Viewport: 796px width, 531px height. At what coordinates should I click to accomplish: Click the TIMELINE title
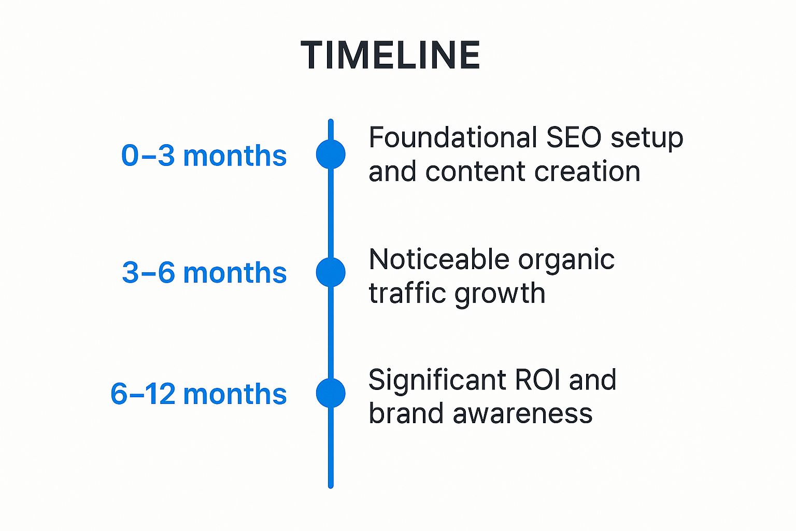390,55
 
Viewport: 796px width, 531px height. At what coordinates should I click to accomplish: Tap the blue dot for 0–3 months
331,154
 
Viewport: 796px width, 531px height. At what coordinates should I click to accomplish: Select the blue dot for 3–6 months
331,272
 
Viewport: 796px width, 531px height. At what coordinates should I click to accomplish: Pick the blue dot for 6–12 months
331,393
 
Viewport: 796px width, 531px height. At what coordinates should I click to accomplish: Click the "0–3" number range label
148,156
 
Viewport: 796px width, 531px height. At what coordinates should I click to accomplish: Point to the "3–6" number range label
148,273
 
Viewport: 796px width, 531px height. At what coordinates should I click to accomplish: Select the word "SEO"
574,138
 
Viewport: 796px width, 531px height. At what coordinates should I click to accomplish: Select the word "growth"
500,294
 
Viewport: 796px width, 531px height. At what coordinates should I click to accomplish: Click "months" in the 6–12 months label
235,394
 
